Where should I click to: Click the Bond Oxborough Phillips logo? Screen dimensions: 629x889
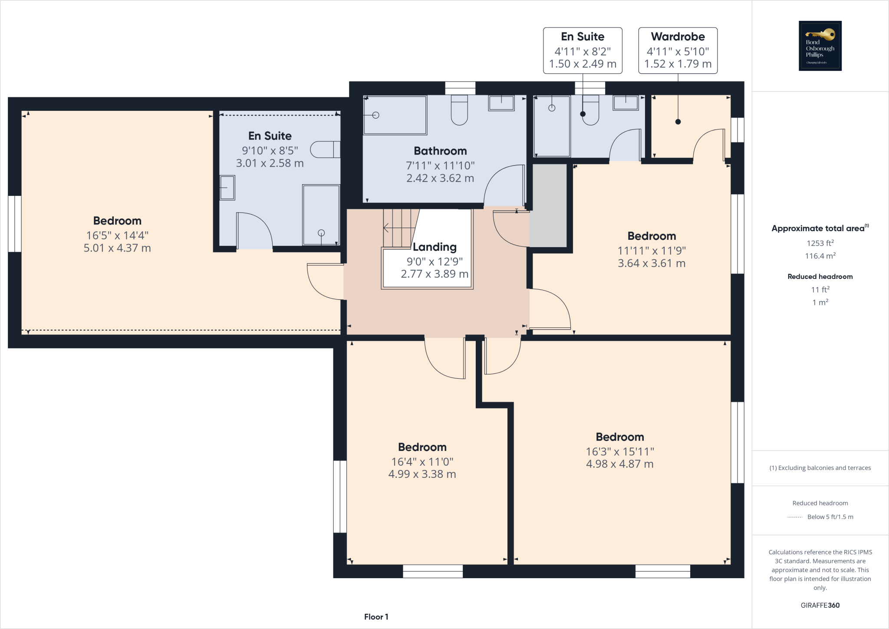pos(820,46)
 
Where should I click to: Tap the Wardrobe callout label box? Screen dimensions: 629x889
pos(678,50)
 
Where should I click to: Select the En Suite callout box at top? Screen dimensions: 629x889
pos(583,50)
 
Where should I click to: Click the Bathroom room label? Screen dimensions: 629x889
pos(440,151)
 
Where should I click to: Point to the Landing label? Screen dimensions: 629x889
pos(435,247)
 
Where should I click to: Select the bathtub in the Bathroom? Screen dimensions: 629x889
pos(395,115)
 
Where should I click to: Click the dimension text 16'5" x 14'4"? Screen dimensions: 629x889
pos(117,235)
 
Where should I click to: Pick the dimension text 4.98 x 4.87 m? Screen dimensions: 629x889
pos(619,464)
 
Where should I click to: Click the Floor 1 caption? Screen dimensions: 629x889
pos(376,617)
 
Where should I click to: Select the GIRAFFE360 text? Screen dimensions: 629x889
pos(820,605)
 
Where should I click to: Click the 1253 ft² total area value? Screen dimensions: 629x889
pos(820,243)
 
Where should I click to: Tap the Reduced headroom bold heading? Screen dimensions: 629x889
pos(820,277)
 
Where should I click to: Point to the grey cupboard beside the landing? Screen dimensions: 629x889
pos(548,205)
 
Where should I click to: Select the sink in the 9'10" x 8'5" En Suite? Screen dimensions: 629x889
pos(227,188)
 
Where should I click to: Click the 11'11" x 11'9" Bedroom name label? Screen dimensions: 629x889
pos(652,236)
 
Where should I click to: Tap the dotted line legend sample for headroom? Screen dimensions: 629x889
pos(794,517)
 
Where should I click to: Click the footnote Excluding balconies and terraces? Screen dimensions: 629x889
pos(820,468)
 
